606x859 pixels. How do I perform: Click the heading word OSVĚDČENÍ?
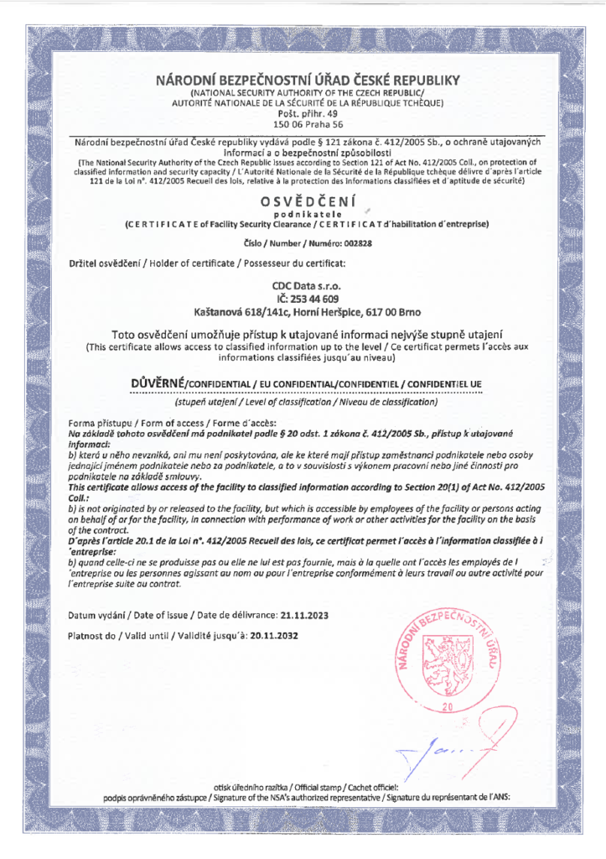click(x=303, y=201)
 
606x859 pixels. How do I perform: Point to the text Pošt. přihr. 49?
click(x=303, y=112)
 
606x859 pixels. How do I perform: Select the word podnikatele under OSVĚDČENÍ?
click(x=303, y=215)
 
